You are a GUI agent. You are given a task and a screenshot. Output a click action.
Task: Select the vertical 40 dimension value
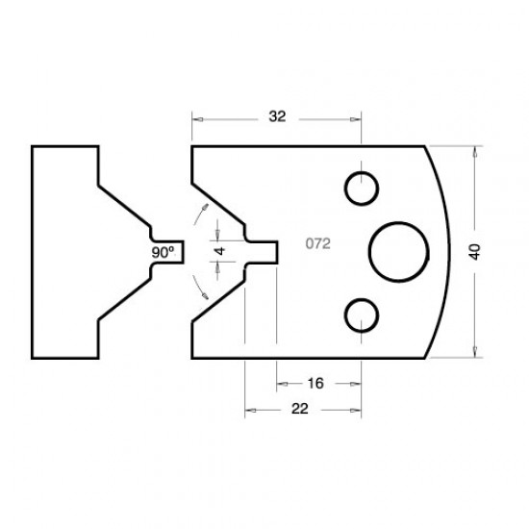coord(475,250)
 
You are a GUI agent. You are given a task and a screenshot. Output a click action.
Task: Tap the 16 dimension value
coord(315,383)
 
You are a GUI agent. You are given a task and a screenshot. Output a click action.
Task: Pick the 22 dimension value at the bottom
coord(299,410)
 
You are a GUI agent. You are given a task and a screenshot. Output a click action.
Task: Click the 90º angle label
coord(164,251)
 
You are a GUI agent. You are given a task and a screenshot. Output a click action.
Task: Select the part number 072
coord(318,244)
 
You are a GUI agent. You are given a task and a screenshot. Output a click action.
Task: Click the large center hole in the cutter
coord(398,250)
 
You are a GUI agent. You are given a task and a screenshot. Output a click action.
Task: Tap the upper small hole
coord(362,189)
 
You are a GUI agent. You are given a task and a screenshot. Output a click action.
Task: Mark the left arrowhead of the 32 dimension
coord(197,119)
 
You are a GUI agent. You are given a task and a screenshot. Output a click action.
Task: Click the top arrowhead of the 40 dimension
coord(475,151)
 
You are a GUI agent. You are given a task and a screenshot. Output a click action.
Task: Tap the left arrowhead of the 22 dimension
coord(250,410)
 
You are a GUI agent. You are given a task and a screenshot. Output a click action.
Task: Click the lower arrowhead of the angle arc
coord(205,294)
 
